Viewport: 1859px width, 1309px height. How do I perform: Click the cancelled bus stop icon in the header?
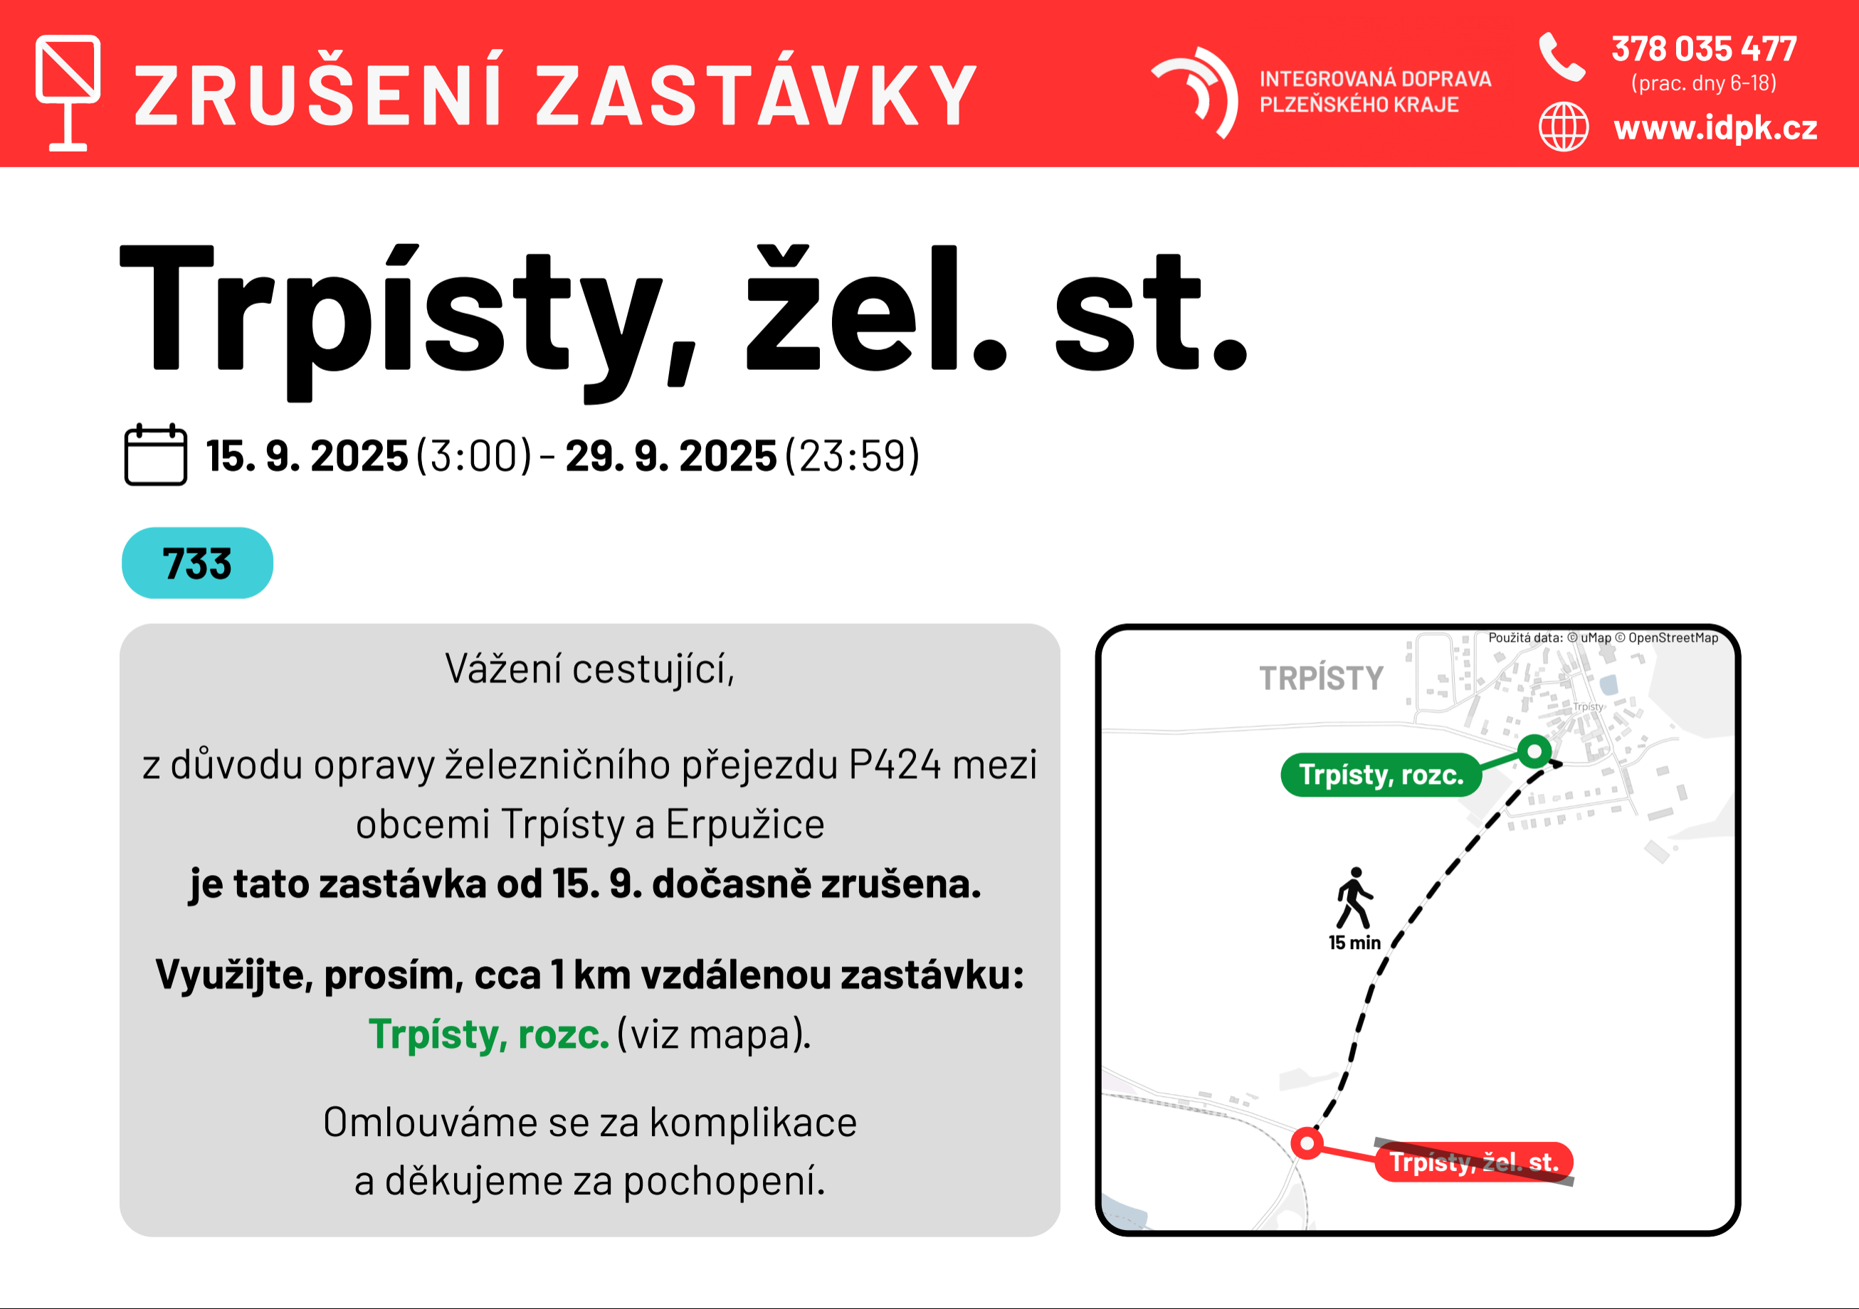point(68,93)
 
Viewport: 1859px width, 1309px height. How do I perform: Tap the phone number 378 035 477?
point(1704,48)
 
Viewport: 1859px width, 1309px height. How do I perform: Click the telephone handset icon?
point(1562,57)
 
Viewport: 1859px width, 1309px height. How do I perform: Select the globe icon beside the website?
point(1564,127)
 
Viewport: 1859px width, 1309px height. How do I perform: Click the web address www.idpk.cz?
point(1715,127)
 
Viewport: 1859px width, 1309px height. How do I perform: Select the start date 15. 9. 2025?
point(307,456)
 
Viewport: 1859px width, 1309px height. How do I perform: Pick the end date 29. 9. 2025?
point(670,456)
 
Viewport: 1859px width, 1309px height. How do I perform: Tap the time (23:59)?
point(853,456)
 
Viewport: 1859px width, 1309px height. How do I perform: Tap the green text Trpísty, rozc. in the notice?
point(488,1034)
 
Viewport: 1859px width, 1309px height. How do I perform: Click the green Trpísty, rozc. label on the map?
point(1381,775)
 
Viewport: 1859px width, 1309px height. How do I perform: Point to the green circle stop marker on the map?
point(1534,752)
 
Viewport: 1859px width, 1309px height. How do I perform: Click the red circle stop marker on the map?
point(1307,1143)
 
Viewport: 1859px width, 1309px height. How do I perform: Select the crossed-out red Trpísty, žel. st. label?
point(1473,1162)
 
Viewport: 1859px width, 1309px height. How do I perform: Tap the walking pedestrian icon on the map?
point(1354,898)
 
